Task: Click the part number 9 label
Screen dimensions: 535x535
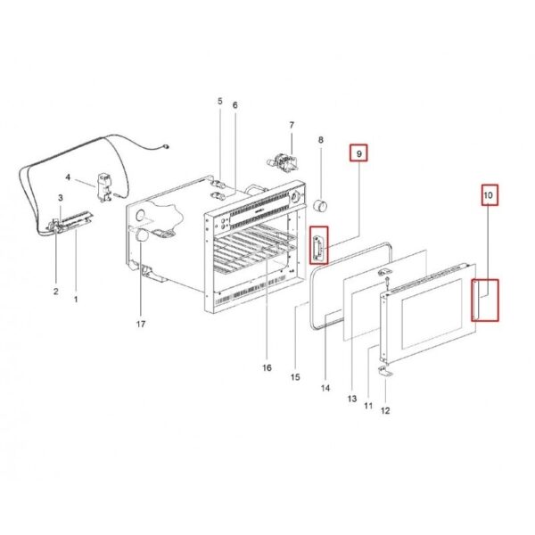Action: click(358, 154)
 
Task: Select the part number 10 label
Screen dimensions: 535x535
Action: click(489, 195)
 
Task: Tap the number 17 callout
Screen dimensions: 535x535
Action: click(141, 324)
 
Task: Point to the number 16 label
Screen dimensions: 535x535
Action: click(267, 367)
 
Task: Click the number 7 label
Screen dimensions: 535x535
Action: click(292, 125)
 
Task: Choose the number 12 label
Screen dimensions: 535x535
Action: click(385, 411)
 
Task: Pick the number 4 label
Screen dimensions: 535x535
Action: click(68, 177)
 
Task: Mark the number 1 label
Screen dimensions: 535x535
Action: click(76, 300)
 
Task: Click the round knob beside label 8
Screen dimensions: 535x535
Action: click(320, 206)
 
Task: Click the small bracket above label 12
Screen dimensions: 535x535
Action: click(385, 371)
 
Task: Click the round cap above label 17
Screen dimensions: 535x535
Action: click(142, 235)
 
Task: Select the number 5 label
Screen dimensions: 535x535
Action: click(219, 102)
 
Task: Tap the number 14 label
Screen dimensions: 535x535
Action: click(325, 388)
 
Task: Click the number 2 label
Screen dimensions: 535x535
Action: click(56, 292)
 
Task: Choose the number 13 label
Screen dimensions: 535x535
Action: click(352, 399)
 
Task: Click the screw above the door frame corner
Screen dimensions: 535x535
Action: click(387, 283)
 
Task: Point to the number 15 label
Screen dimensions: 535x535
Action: click(295, 377)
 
